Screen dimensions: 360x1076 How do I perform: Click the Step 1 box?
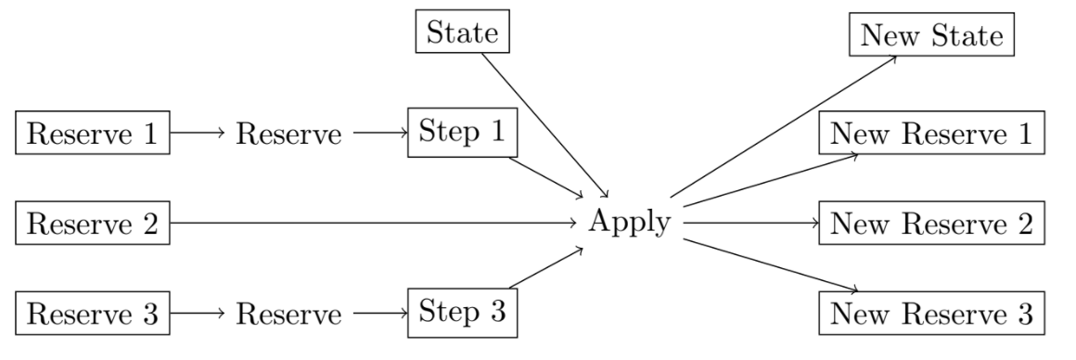pos(461,135)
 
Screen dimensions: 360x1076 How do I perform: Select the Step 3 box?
pos(461,313)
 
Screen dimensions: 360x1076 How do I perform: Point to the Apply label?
pos(630,224)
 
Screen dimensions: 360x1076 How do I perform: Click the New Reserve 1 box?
pos(931,135)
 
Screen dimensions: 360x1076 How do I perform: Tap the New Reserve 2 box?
pos(931,224)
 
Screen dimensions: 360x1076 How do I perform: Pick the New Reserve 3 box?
pos(931,313)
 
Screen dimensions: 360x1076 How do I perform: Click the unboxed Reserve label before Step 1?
pos(287,135)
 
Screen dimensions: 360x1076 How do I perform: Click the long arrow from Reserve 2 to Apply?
pos(371,224)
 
